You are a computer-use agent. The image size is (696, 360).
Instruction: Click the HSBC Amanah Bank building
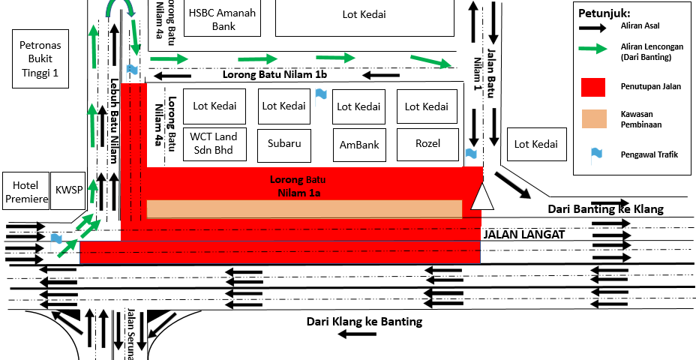pyautogui.click(x=223, y=19)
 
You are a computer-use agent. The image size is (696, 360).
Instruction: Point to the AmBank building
pyautogui.click(x=359, y=145)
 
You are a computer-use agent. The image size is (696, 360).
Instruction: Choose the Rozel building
pyautogui.click(x=427, y=143)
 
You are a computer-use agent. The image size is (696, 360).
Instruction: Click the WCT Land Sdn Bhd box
pyautogui.click(x=214, y=144)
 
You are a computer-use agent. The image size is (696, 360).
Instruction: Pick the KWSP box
pyautogui.click(x=70, y=191)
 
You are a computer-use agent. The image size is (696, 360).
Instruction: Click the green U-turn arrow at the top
pyautogui.click(x=120, y=9)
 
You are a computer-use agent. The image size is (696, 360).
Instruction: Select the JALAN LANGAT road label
pyautogui.click(x=523, y=235)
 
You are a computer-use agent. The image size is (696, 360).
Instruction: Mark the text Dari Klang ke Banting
pyautogui.click(x=364, y=322)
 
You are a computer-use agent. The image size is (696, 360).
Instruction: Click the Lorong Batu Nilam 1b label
pyautogui.click(x=274, y=75)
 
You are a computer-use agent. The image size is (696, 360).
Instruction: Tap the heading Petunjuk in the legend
pyautogui.click(x=604, y=13)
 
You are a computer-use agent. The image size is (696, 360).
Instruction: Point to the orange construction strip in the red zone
pyautogui.click(x=304, y=208)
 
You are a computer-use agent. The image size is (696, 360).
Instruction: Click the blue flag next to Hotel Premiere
pyautogui.click(x=56, y=241)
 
